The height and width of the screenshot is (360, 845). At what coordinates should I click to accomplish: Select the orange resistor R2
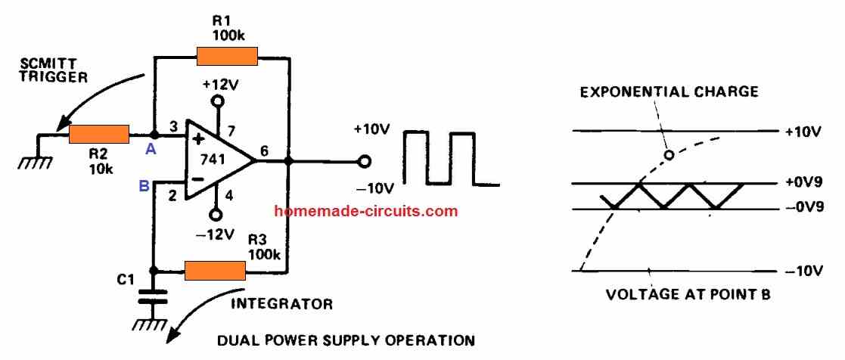pyautogui.click(x=99, y=135)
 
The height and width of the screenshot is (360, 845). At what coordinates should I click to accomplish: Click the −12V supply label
pyautogui.click(x=216, y=234)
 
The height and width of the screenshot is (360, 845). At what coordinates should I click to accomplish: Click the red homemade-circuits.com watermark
pyautogui.click(x=366, y=211)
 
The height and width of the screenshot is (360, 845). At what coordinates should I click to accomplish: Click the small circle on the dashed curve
pyautogui.click(x=668, y=156)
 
